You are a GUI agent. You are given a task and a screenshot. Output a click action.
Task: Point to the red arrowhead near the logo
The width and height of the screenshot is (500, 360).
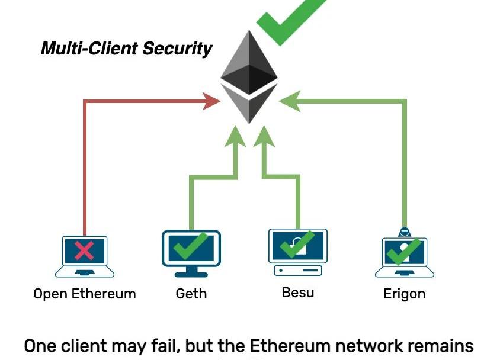point(212,101)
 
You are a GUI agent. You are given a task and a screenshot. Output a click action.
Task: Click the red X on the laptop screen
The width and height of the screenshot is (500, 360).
point(85,250)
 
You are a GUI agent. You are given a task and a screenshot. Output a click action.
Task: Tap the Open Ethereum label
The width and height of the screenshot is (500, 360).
point(84,294)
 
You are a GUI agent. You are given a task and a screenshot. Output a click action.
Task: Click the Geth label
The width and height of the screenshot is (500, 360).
point(191,294)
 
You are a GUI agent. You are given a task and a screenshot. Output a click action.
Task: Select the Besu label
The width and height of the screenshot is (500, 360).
point(299,292)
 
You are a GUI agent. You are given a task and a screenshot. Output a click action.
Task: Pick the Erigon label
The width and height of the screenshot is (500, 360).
point(405,294)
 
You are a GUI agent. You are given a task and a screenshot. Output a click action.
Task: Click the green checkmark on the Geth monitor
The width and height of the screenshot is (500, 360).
point(191,246)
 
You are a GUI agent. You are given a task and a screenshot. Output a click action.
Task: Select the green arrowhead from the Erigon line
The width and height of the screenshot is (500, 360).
point(288,101)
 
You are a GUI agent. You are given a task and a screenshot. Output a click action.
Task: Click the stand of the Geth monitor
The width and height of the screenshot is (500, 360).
point(191,271)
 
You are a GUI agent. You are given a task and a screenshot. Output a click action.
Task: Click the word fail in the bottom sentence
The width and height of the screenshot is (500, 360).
point(138,346)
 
